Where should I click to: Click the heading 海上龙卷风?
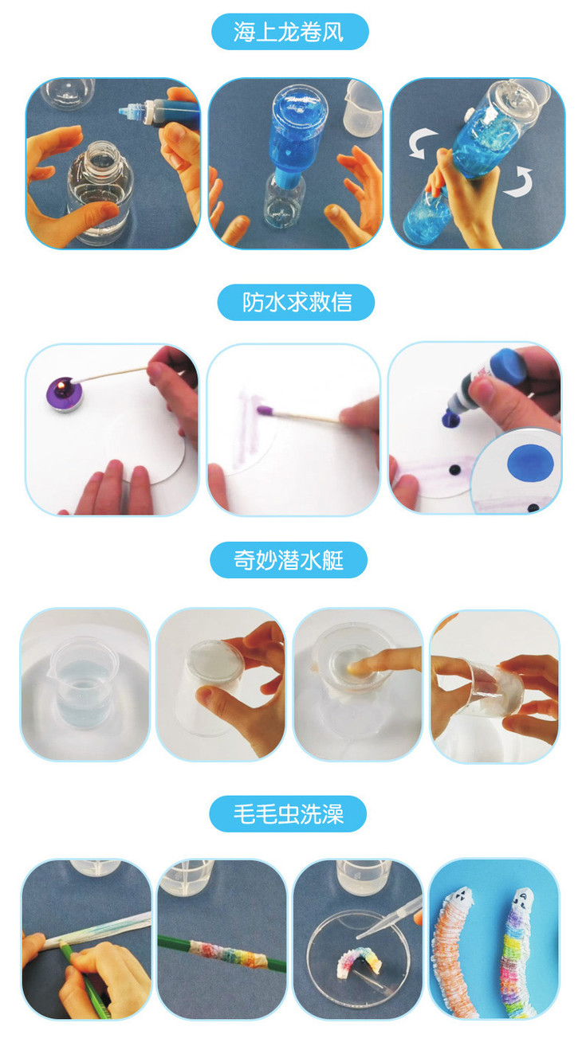[289, 32]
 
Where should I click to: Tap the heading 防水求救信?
[297, 303]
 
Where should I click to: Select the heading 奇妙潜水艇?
[289, 560]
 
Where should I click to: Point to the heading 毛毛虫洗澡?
[289, 814]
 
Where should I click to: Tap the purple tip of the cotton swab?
[265, 410]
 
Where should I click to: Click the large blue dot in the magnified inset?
[530, 461]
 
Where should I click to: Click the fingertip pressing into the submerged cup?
[356, 668]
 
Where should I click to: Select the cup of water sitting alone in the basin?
[85, 680]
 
